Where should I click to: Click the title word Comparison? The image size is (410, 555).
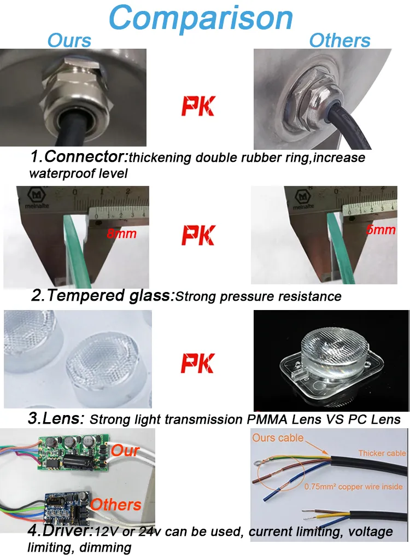[x=202, y=17]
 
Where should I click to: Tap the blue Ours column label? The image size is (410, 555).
[x=69, y=40]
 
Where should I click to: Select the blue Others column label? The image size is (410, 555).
[x=339, y=40]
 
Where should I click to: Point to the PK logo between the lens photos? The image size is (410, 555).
[x=198, y=363]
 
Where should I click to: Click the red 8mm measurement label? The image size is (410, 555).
[x=120, y=234]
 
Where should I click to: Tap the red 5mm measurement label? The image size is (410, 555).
[x=380, y=230]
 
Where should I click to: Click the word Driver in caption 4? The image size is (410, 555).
[x=58, y=531]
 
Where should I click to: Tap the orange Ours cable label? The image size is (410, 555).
[x=278, y=437]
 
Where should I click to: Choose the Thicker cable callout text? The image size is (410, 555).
[x=382, y=453]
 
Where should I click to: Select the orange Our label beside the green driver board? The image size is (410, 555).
[x=125, y=451]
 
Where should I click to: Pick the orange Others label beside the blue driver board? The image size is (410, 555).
[x=115, y=504]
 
